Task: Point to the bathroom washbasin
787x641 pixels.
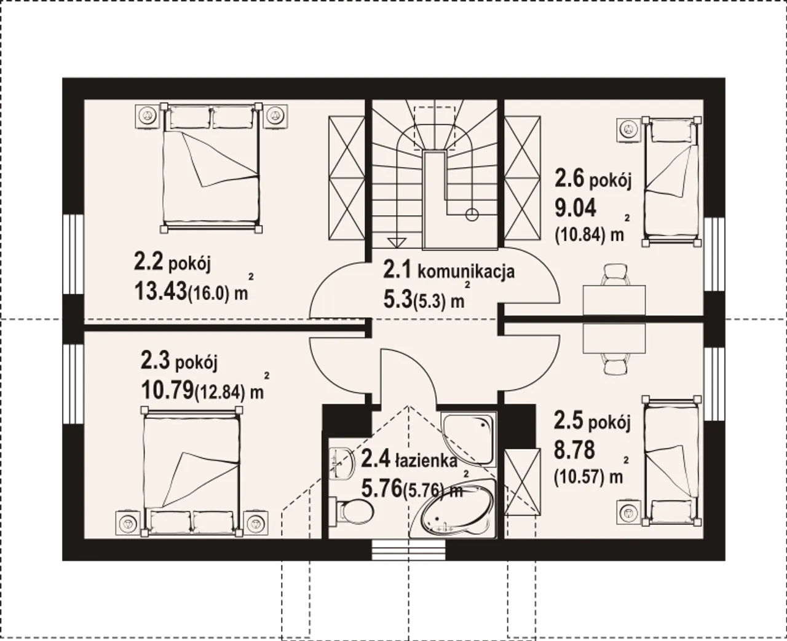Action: pos(339,464)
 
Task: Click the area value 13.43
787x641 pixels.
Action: pos(160,291)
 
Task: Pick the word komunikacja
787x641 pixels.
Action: pos(466,272)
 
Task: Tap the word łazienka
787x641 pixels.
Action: pos(426,460)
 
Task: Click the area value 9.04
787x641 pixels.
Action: pos(575,208)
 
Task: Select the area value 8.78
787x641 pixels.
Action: pos(574,450)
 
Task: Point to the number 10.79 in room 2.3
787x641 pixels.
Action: pos(167,390)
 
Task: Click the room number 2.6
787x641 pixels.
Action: pos(569,178)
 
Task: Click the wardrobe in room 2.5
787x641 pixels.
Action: pos(523,482)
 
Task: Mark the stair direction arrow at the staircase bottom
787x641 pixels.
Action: pos(397,243)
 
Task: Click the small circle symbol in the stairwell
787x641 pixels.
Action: pos(472,214)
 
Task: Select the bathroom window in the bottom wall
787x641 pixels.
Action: pos(408,551)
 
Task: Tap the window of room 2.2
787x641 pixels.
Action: pos(73,254)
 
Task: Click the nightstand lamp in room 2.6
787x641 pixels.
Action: pos(628,129)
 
